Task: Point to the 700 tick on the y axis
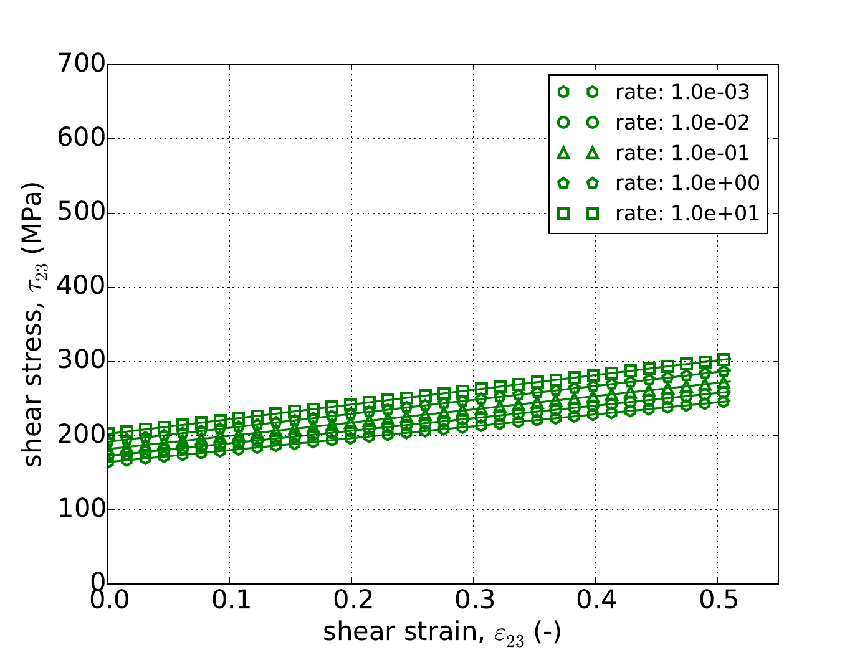[x=80, y=65]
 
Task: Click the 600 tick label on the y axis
[x=80, y=139]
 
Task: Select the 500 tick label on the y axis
[x=80, y=213]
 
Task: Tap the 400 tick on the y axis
[x=80, y=287]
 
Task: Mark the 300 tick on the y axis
[x=80, y=361]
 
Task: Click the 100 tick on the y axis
[x=80, y=510]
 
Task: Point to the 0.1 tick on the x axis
[x=229, y=601]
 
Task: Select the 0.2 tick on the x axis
[x=351, y=601]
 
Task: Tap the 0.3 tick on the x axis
[x=474, y=601]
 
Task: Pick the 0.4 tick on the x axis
[x=595, y=601]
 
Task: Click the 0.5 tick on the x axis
[x=717, y=601]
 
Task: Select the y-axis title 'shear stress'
[x=34, y=324]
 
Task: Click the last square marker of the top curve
[x=724, y=360]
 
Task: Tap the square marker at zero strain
[x=108, y=433]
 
